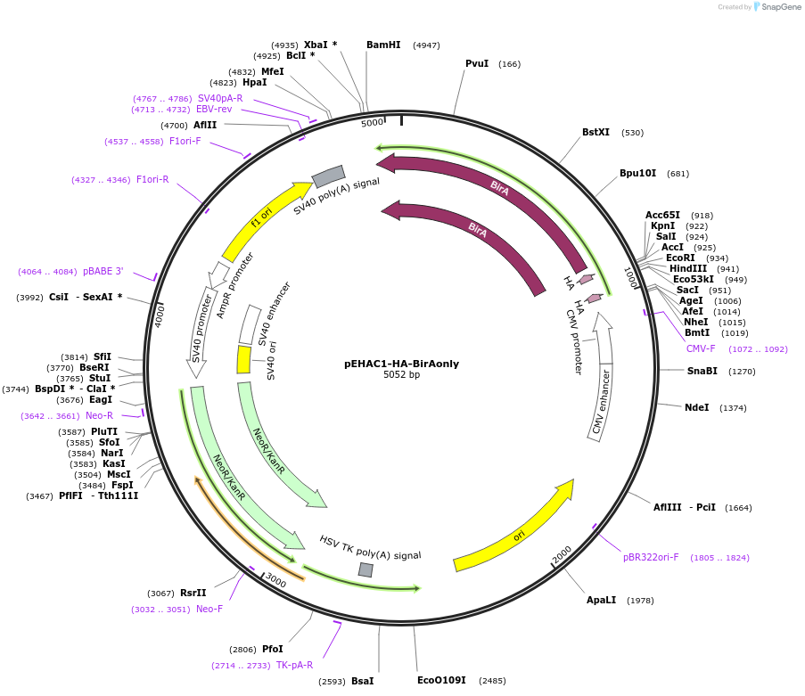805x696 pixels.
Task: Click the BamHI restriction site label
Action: tap(383, 45)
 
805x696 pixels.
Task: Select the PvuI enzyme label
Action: tap(477, 63)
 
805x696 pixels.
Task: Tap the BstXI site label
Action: tap(596, 132)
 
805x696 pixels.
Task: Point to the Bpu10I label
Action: tap(637, 173)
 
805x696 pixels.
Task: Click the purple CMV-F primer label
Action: tap(701, 348)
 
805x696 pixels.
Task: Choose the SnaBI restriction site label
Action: tap(702, 371)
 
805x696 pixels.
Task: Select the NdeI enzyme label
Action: tap(696, 407)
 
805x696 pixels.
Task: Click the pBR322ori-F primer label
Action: tap(651, 557)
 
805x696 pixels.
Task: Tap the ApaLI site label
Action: tap(601, 600)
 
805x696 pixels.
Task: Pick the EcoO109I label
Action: tap(441, 680)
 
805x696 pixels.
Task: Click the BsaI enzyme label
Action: tap(362, 681)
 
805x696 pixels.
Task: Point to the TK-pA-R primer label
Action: tap(294, 665)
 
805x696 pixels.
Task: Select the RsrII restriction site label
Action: tap(193, 593)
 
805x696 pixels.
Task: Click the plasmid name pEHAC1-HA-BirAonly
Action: tap(401, 364)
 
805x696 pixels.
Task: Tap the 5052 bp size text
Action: tap(401, 375)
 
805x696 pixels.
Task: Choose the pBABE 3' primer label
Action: tap(103, 271)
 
